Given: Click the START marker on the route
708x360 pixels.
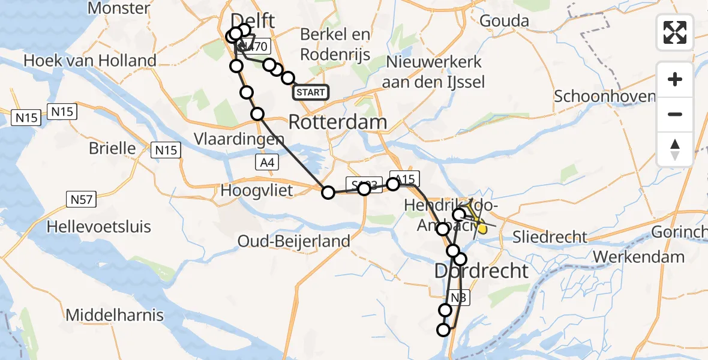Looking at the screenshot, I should tap(311, 92).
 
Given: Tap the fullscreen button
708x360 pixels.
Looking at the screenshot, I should tap(675, 32).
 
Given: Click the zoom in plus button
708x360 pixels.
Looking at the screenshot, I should tap(675, 79).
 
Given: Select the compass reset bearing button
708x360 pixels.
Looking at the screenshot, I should tap(675, 149).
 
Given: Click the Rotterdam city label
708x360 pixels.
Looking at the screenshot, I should tap(337, 122).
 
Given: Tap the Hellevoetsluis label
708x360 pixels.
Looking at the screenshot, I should tap(99, 227).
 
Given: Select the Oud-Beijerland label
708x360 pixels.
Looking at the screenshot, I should tap(294, 241).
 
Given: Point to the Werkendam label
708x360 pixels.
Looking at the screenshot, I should tap(638, 257).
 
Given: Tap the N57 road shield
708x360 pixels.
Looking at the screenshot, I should tap(81, 199).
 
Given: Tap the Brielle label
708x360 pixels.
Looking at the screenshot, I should tap(121, 148).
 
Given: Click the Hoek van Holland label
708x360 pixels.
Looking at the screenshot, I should tap(90, 61).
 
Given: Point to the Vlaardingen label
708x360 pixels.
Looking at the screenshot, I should tap(239, 139).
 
